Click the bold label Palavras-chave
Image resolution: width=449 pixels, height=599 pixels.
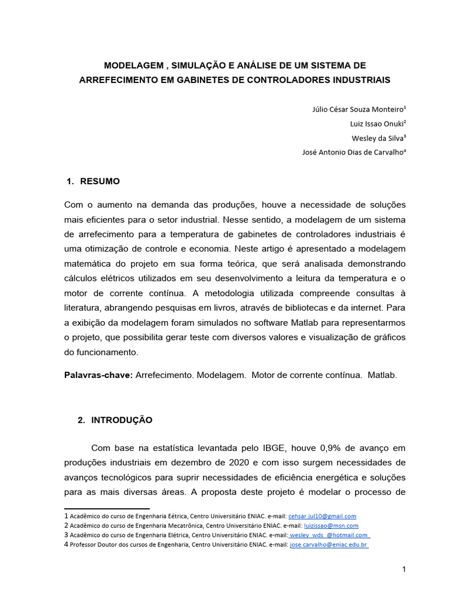click(98, 375)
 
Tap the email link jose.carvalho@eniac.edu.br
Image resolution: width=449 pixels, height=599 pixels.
click(329, 545)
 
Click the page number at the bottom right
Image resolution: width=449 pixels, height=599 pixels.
click(403, 570)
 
